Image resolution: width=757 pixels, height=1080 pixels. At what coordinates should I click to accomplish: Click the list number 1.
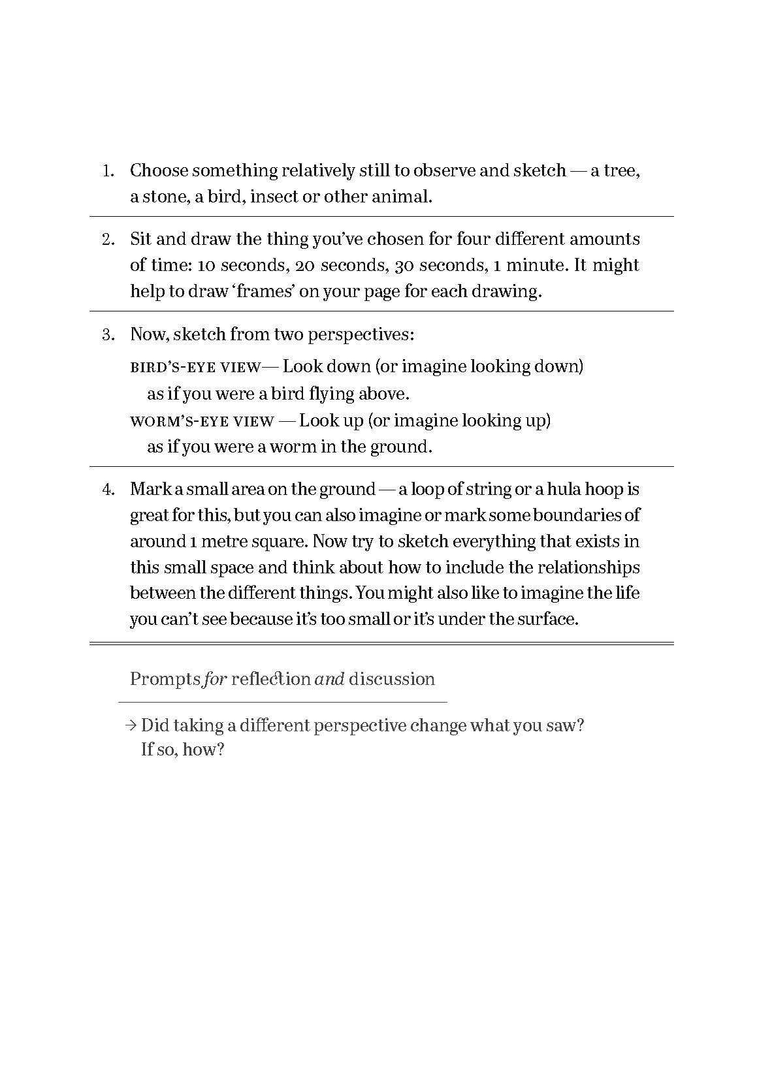(108, 172)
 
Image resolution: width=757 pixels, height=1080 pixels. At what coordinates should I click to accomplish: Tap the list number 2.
(108, 240)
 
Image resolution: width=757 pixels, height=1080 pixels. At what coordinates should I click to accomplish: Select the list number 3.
(108, 335)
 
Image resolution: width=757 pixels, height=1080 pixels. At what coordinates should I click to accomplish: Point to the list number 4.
(108, 490)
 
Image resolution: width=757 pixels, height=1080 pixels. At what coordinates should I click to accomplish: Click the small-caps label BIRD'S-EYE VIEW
(195, 367)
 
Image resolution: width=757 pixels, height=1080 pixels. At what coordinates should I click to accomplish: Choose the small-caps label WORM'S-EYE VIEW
(202, 421)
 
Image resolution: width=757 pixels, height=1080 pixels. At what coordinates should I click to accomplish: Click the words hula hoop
(585, 489)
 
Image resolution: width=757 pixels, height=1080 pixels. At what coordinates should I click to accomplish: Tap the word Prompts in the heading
(165, 679)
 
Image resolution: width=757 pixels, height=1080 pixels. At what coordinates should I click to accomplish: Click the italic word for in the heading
(215, 679)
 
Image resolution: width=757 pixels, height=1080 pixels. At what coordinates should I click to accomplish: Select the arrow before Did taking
(131, 725)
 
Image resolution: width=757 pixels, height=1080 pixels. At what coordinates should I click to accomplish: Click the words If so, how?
(183, 750)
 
